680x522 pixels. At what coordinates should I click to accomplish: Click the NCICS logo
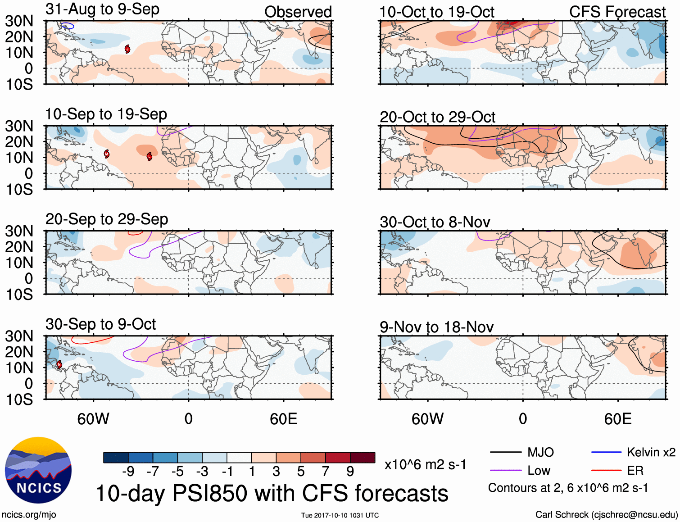point(38,470)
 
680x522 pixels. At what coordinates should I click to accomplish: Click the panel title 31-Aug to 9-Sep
point(102,9)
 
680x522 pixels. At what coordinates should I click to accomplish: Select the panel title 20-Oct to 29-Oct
point(437,117)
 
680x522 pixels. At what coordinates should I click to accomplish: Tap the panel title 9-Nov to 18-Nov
point(436,327)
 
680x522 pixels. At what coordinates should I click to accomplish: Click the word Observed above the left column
point(298,12)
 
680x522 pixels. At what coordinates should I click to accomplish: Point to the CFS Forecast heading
point(617,12)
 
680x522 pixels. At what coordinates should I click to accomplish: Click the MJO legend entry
point(540,452)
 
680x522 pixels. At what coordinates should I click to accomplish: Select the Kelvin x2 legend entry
point(651,452)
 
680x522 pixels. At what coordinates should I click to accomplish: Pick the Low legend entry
point(539,471)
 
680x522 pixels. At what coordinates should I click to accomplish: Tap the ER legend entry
point(635,471)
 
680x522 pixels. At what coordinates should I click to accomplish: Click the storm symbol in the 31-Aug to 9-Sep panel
point(127,49)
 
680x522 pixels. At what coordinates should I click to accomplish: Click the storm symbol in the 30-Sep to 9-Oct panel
point(59,364)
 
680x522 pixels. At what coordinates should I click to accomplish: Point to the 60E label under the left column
point(283,419)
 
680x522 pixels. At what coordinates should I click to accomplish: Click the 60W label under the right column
point(427,419)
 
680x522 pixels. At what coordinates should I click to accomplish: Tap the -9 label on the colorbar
point(128,472)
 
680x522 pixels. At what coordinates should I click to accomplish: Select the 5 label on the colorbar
point(301,472)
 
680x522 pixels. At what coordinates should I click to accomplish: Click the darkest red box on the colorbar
point(363,458)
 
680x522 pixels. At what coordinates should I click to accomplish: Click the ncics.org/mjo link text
point(29,514)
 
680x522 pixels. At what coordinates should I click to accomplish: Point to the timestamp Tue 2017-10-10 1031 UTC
point(340,515)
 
